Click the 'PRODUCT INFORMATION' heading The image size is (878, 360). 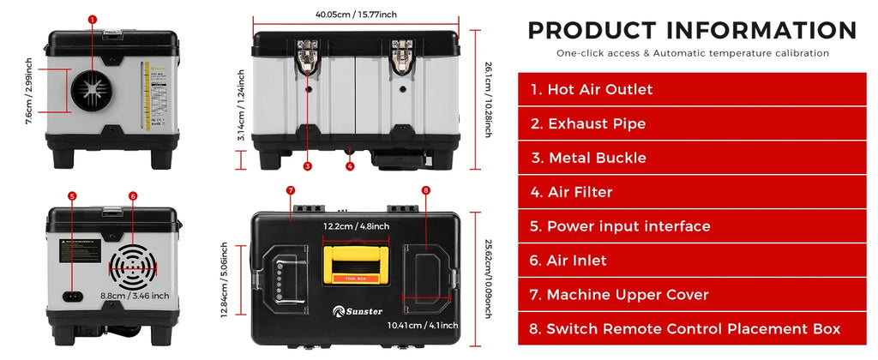point(692,30)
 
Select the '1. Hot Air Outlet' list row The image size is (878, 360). point(692,89)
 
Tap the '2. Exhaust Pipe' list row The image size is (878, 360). point(692,123)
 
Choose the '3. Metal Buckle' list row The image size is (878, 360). point(692,158)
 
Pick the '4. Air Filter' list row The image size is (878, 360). point(692,192)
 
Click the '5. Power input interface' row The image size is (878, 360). point(692,226)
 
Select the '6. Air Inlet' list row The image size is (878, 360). point(692,261)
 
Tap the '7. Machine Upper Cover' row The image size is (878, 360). point(692,295)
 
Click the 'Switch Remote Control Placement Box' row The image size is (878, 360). point(692,329)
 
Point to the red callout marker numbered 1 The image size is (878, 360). point(93,19)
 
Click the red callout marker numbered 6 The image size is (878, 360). point(133,195)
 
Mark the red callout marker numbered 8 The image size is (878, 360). point(425,189)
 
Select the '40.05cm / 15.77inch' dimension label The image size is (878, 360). point(356,14)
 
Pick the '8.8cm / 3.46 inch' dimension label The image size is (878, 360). point(134,296)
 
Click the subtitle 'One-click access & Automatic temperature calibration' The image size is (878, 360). point(692,53)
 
